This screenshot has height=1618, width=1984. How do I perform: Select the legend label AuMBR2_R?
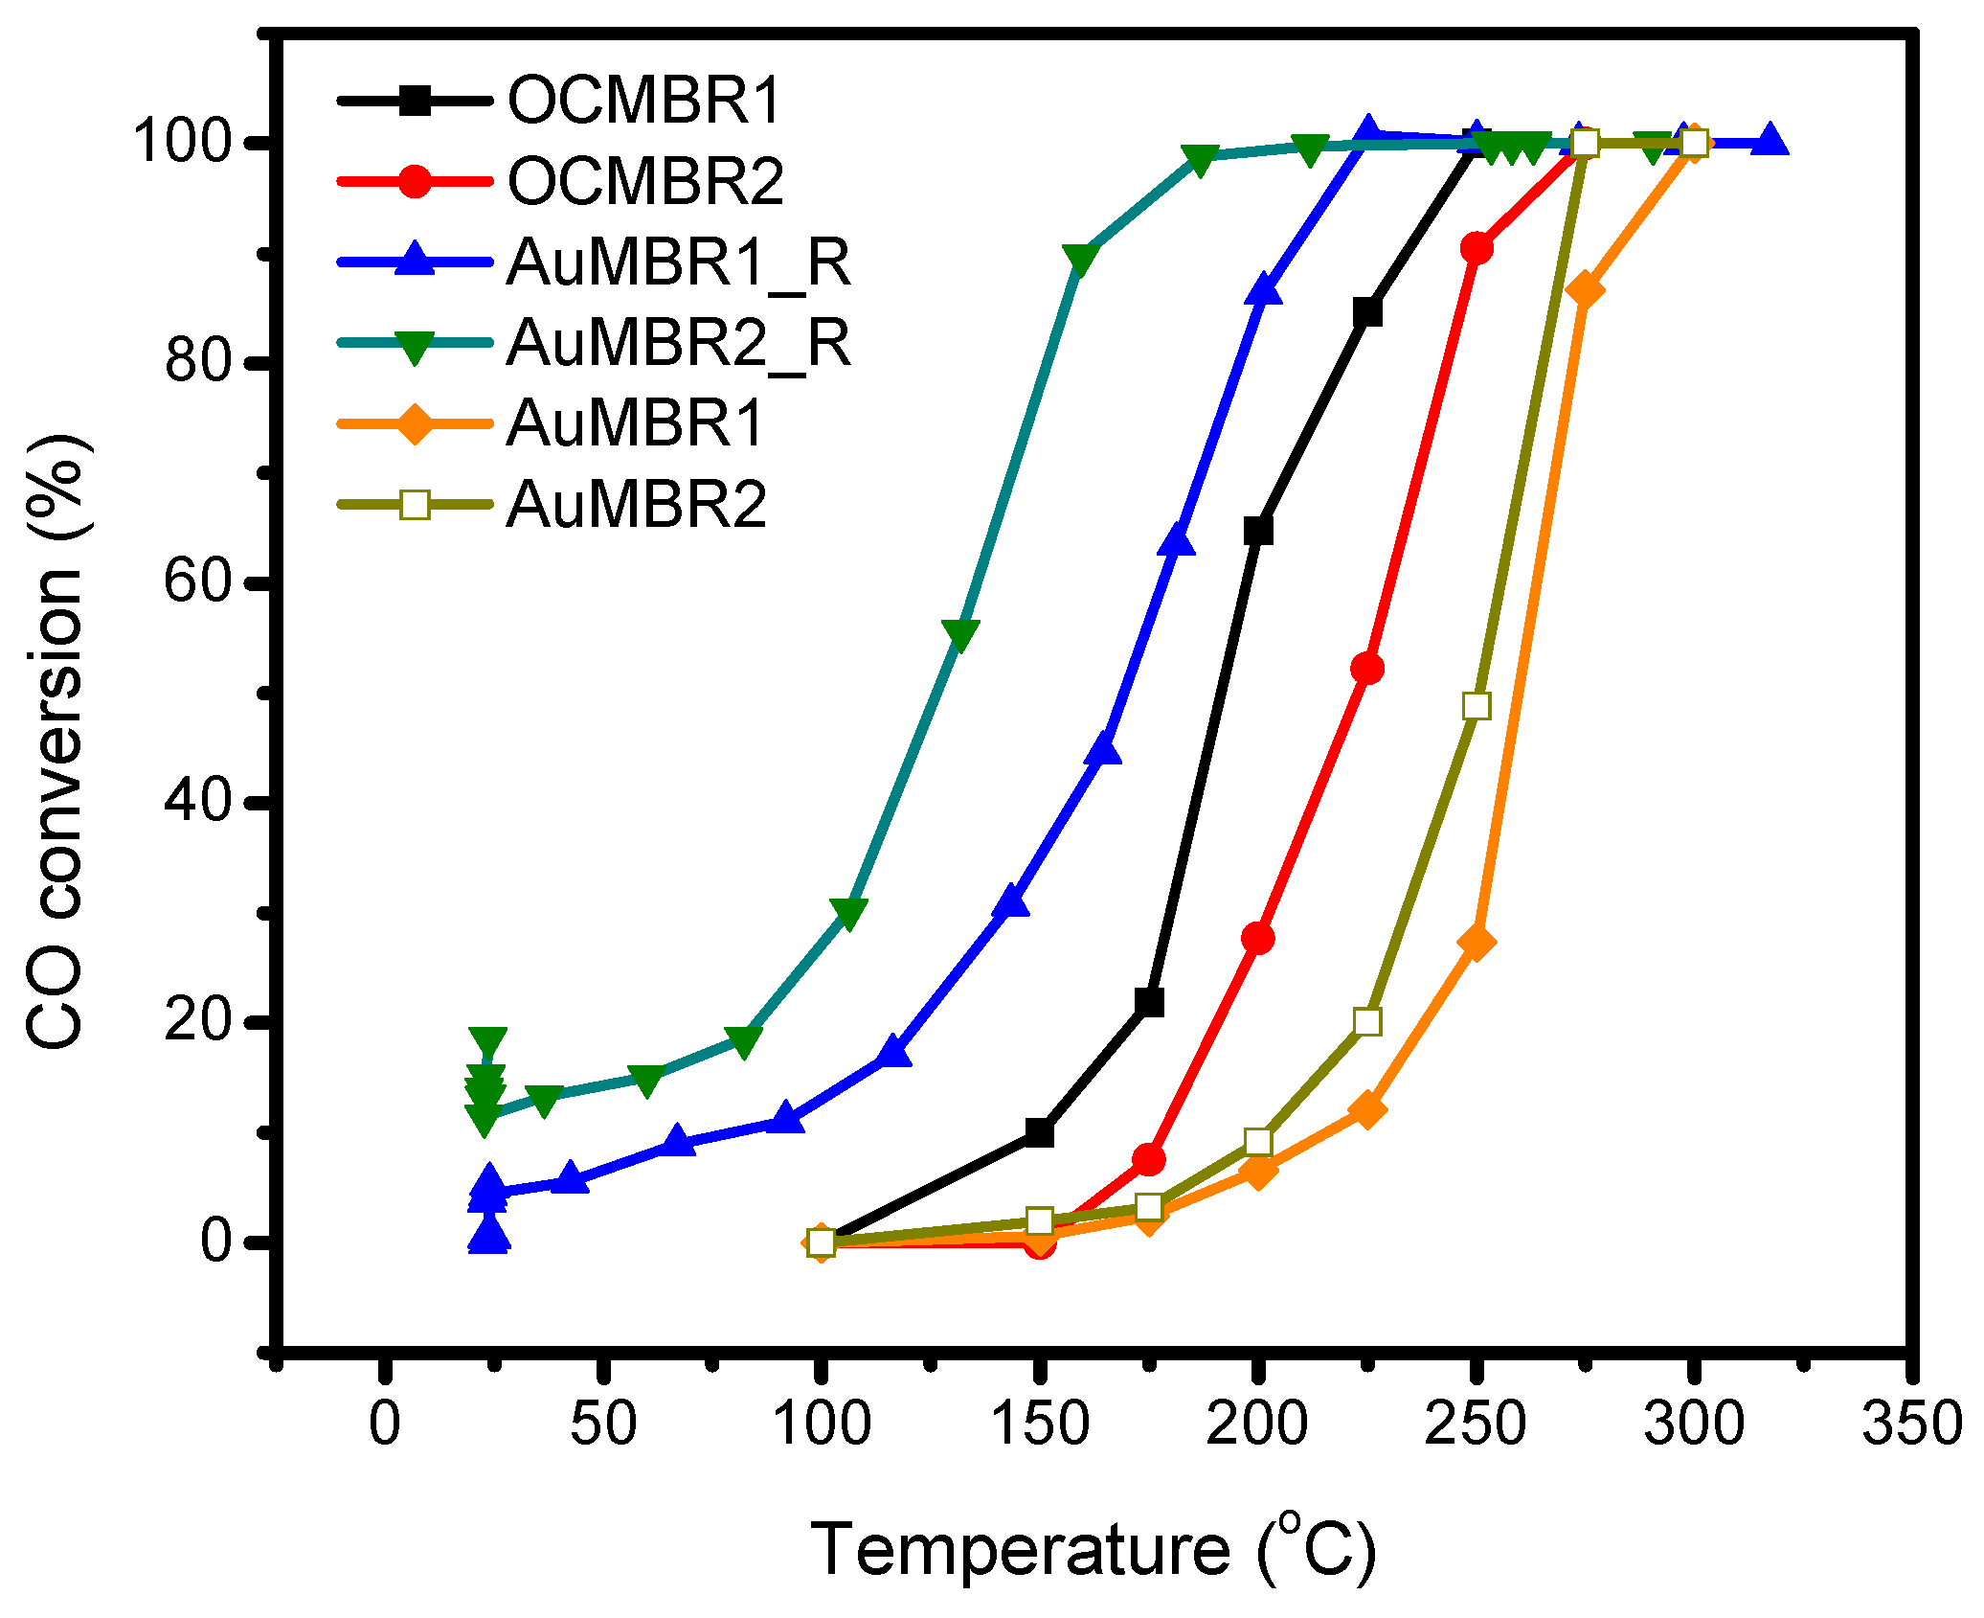point(679,343)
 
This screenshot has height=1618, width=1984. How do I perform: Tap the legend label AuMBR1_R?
point(679,262)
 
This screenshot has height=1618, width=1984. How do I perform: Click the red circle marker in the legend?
point(415,181)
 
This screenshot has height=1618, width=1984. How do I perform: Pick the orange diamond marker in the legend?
point(415,423)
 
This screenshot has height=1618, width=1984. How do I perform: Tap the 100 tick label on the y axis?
point(183,143)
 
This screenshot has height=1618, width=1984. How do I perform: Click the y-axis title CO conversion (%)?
point(56,742)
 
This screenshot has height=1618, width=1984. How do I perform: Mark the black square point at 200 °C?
point(1258,531)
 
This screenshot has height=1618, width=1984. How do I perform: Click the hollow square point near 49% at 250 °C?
point(1477,706)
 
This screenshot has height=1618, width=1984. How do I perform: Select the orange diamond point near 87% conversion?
point(1585,289)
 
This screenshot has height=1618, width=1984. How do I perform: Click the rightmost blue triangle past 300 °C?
point(1770,140)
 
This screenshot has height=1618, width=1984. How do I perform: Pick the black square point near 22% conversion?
point(1149,1003)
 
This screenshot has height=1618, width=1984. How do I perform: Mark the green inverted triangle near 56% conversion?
point(960,633)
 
